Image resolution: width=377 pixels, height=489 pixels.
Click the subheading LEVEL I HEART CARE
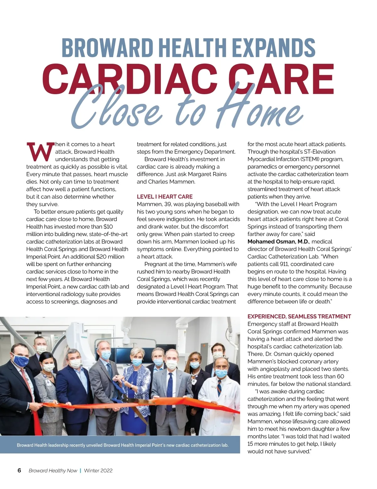click(165, 196)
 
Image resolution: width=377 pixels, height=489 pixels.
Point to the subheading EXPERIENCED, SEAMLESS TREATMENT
click(299, 316)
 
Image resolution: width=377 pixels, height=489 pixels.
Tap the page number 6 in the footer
click(19, 470)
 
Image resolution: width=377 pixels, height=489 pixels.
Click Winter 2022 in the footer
click(98, 470)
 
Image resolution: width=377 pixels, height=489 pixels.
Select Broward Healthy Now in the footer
click(53, 470)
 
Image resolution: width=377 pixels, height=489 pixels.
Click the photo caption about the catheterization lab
click(123, 445)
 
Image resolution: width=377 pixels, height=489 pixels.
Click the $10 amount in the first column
click(108, 227)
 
